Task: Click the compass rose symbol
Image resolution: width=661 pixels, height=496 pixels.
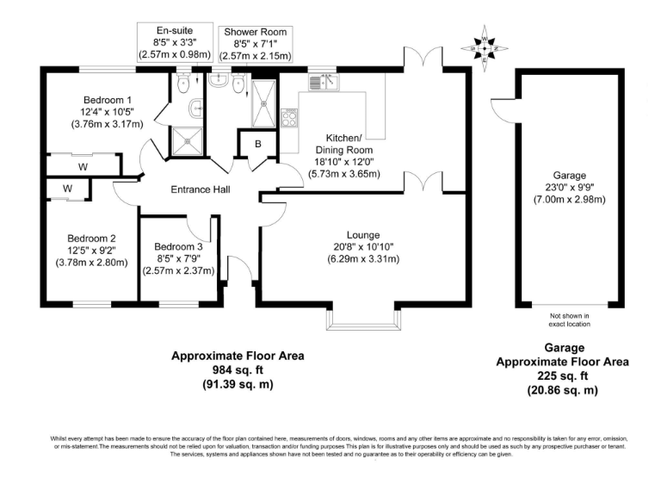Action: click(487, 46)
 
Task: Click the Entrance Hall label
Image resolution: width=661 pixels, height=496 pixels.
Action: click(200, 189)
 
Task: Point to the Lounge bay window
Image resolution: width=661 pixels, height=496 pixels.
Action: click(363, 317)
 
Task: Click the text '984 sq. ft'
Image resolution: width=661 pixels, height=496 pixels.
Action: click(237, 370)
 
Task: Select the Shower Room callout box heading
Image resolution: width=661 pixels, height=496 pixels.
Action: click(255, 33)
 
